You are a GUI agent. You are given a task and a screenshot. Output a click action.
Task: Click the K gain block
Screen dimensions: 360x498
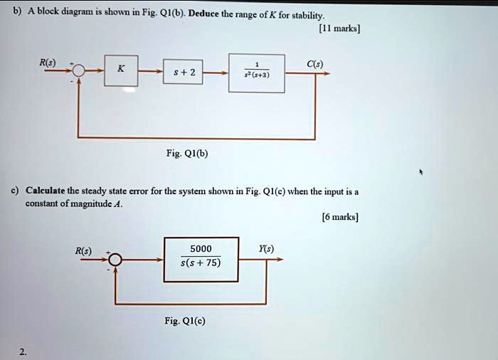tap(122, 70)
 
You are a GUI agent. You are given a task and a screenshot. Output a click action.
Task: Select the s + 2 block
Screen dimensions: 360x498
tap(190, 73)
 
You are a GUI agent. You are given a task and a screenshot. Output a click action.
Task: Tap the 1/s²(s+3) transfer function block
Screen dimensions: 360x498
tap(256, 73)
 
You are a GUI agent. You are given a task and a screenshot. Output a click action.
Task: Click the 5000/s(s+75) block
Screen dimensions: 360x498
tap(201, 255)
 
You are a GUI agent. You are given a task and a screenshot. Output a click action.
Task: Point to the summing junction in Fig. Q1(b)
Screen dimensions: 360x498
tap(79, 72)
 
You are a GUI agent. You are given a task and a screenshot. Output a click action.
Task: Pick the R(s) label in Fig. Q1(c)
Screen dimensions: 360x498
tap(83, 250)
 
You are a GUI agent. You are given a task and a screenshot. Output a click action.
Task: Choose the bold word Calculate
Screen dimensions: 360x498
tap(46, 191)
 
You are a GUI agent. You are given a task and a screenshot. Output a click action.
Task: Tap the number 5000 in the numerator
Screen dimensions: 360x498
tap(201, 248)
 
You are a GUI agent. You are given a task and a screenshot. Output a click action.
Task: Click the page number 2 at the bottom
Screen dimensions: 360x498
tap(23, 350)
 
